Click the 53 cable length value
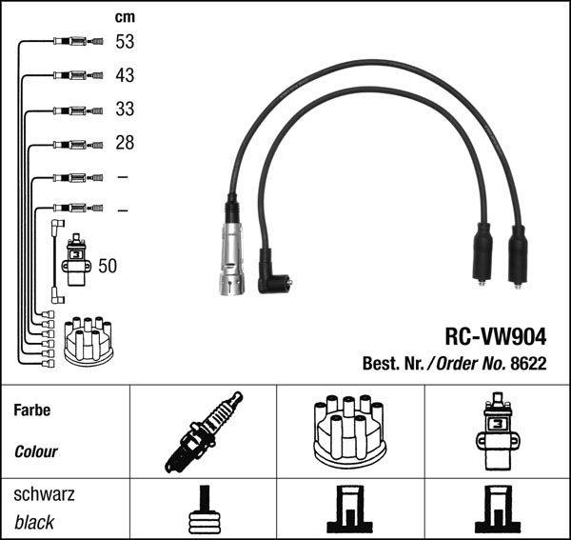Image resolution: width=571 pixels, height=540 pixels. (125, 42)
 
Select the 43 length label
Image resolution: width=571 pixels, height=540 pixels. (125, 75)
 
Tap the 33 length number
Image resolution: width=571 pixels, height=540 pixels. (125, 110)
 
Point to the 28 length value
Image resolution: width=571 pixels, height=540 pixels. (125, 143)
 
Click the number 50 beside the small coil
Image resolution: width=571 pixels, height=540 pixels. (108, 267)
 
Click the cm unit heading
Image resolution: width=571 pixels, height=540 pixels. (125, 16)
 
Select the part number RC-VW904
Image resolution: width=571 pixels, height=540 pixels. (495, 337)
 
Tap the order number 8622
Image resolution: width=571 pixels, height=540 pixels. (532, 363)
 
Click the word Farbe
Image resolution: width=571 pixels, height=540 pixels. (31, 411)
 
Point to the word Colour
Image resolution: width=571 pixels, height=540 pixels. (36, 452)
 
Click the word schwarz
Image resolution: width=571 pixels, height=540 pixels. (44, 495)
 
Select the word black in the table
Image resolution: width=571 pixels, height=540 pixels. (34, 523)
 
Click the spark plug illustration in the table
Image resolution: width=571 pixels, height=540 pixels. (202, 431)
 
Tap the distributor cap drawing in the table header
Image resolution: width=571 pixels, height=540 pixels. (349, 430)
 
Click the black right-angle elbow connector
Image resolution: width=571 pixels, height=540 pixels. (274, 277)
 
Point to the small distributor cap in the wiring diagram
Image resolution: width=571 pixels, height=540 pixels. (88, 338)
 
